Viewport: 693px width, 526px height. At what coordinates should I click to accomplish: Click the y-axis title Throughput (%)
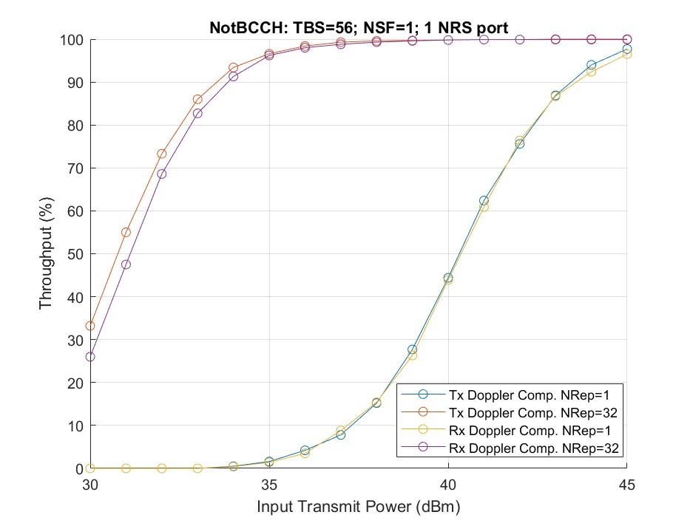click(x=46, y=254)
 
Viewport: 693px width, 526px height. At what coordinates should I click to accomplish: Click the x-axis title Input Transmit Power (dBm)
click(x=359, y=508)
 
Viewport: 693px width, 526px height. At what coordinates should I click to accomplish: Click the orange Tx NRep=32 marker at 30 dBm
click(x=90, y=326)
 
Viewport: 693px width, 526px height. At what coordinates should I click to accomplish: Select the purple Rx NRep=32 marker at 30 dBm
click(x=90, y=357)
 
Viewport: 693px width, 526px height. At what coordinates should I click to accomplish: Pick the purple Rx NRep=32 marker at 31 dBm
click(x=126, y=264)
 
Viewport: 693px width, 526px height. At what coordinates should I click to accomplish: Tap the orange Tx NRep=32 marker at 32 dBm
click(x=162, y=154)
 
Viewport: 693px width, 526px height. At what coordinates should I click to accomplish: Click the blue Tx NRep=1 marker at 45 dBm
click(x=627, y=49)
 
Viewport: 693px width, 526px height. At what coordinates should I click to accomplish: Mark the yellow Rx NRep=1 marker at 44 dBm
click(x=591, y=72)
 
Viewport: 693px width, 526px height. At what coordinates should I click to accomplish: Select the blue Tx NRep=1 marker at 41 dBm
click(x=484, y=200)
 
